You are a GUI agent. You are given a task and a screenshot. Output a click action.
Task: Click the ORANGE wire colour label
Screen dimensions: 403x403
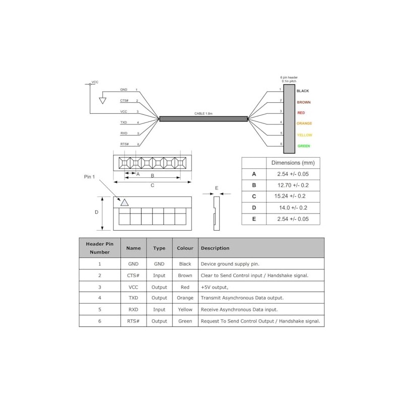point(304,123)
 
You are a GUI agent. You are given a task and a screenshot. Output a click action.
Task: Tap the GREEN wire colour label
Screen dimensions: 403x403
point(304,146)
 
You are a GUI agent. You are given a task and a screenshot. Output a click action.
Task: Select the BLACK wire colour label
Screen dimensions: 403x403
point(303,91)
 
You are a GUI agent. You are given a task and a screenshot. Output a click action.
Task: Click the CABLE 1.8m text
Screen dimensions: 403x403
point(204,114)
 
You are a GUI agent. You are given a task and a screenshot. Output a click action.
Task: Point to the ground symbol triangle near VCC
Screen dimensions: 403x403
point(103,100)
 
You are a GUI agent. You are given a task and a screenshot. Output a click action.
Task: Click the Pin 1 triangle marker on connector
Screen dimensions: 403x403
point(124,203)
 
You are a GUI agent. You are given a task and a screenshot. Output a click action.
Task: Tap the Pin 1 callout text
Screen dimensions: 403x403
point(89,177)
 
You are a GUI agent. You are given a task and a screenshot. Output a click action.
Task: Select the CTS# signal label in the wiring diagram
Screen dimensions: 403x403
point(124,101)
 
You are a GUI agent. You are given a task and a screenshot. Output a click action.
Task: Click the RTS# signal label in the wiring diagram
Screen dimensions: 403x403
point(124,145)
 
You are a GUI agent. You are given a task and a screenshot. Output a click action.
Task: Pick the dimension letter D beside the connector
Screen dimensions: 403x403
point(97,212)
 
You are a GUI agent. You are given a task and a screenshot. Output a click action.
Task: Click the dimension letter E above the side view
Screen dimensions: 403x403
point(217,188)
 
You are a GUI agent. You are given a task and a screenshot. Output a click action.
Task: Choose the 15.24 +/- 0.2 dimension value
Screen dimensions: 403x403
point(293,196)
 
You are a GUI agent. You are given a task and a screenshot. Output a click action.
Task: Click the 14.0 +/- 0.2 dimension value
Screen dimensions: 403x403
point(293,208)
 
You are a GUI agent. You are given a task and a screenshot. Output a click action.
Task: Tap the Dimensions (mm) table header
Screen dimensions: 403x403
point(293,163)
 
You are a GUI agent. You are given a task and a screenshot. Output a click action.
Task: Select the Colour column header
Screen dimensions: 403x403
point(185,248)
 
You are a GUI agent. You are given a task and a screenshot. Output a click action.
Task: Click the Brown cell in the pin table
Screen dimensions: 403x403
point(185,276)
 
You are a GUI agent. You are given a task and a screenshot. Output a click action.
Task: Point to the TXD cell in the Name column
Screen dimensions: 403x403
point(133,298)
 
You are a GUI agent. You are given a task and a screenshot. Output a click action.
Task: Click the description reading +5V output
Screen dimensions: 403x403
point(215,287)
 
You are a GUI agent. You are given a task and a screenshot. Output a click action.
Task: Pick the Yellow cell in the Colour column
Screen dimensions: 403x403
point(185,309)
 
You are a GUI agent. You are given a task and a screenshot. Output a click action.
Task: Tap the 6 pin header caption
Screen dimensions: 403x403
point(289,78)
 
